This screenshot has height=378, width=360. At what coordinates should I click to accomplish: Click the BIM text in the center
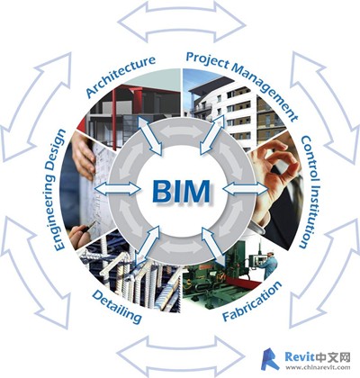click(181, 191)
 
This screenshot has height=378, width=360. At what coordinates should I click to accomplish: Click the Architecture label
click(121, 76)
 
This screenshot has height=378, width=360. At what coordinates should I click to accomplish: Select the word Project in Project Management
click(207, 60)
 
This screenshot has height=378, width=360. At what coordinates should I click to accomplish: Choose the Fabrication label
click(252, 301)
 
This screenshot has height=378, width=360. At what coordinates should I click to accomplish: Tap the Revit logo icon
click(270, 359)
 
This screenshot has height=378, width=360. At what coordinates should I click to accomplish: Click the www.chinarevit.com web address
click(318, 367)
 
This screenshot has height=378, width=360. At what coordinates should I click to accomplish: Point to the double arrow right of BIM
click(246, 189)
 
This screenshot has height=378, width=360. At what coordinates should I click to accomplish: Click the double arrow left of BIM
click(118, 189)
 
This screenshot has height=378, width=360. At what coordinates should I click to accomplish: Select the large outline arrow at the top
click(182, 22)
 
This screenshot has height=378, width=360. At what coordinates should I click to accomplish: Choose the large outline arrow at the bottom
click(181, 356)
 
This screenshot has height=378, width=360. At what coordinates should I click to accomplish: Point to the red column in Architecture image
click(113, 119)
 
